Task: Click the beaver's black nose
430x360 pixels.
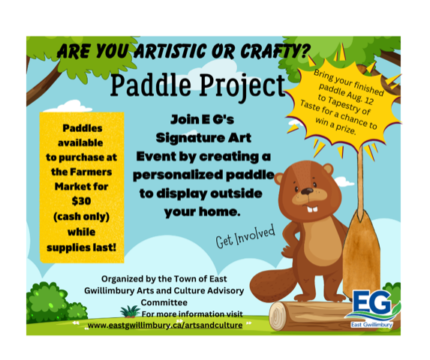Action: click(x=307, y=191)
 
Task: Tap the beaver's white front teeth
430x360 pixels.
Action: click(x=312, y=209)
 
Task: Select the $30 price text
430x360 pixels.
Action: click(x=81, y=201)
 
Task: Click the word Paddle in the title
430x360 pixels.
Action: click(x=151, y=85)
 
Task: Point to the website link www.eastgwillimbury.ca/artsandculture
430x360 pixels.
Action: click(x=165, y=325)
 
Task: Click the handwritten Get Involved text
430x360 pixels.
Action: click(x=245, y=236)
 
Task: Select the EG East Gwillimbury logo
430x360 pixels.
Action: click(x=372, y=309)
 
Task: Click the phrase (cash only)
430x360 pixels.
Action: click(x=82, y=217)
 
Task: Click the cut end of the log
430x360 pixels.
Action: click(x=278, y=316)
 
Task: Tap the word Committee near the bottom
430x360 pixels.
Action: click(x=164, y=302)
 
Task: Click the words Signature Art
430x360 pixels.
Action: click(x=203, y=138)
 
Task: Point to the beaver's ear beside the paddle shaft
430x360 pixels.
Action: click(x=328, y=169)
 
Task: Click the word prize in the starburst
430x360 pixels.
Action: click(x=346, y=129)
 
